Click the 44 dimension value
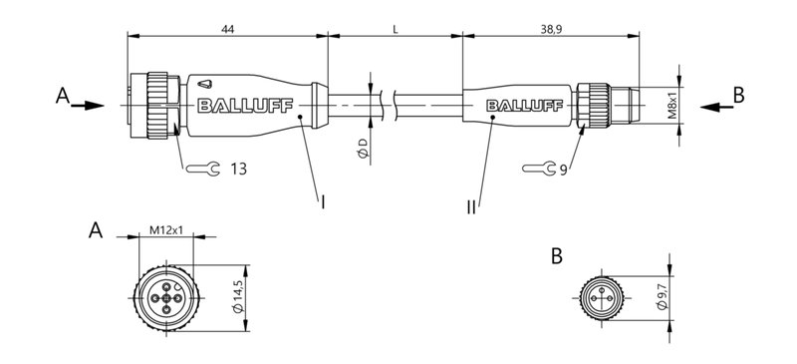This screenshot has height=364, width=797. point(227,31)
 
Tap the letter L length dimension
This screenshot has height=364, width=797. point(396,31)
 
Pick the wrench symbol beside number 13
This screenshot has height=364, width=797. point(201,169)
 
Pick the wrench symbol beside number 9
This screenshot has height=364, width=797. point(538,170)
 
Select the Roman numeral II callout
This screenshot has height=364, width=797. point(470,207)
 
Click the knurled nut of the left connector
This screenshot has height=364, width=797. point(157,104)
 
